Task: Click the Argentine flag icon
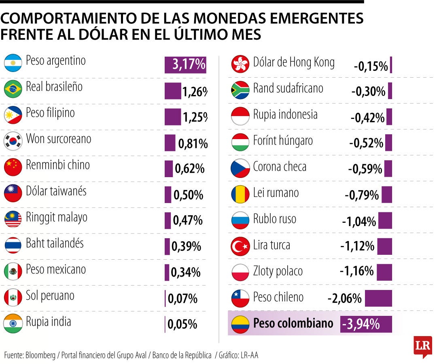pos(13,63)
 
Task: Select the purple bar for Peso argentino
pos(185,65)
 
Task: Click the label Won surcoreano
pos(59,139)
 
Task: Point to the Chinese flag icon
pos(13,167)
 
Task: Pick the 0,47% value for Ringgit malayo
pos(188,220)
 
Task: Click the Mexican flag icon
pos(13,271)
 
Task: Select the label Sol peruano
pos(50,296)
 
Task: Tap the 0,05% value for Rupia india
pos(182,324)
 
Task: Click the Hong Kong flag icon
pos(240,64)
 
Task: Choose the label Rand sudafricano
pos(288,88)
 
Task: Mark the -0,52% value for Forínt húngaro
pos(366,143)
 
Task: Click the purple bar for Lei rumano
pos(387,195)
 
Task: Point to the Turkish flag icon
pos(240,247)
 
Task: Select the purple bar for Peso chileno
pos(378,298)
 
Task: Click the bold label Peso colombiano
pos(293,323)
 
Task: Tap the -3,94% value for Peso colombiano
pos(361,324)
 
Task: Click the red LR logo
pos(422,346)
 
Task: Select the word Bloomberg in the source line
pos(40,356)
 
